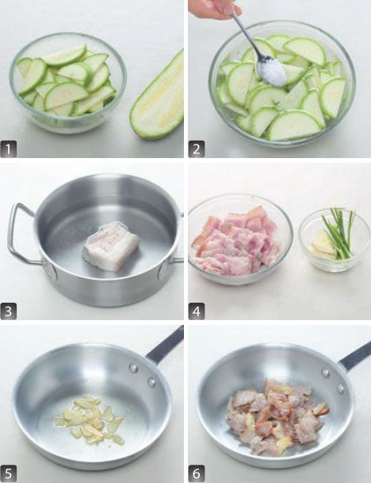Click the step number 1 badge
9,149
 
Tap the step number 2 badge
197,149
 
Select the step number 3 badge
9,311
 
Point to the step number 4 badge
197,311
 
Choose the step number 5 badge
9,474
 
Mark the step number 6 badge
197,474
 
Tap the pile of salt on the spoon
273,72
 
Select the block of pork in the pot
111,246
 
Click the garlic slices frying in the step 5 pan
89,419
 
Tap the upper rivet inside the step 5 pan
133,368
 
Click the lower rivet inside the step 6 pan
340,388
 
